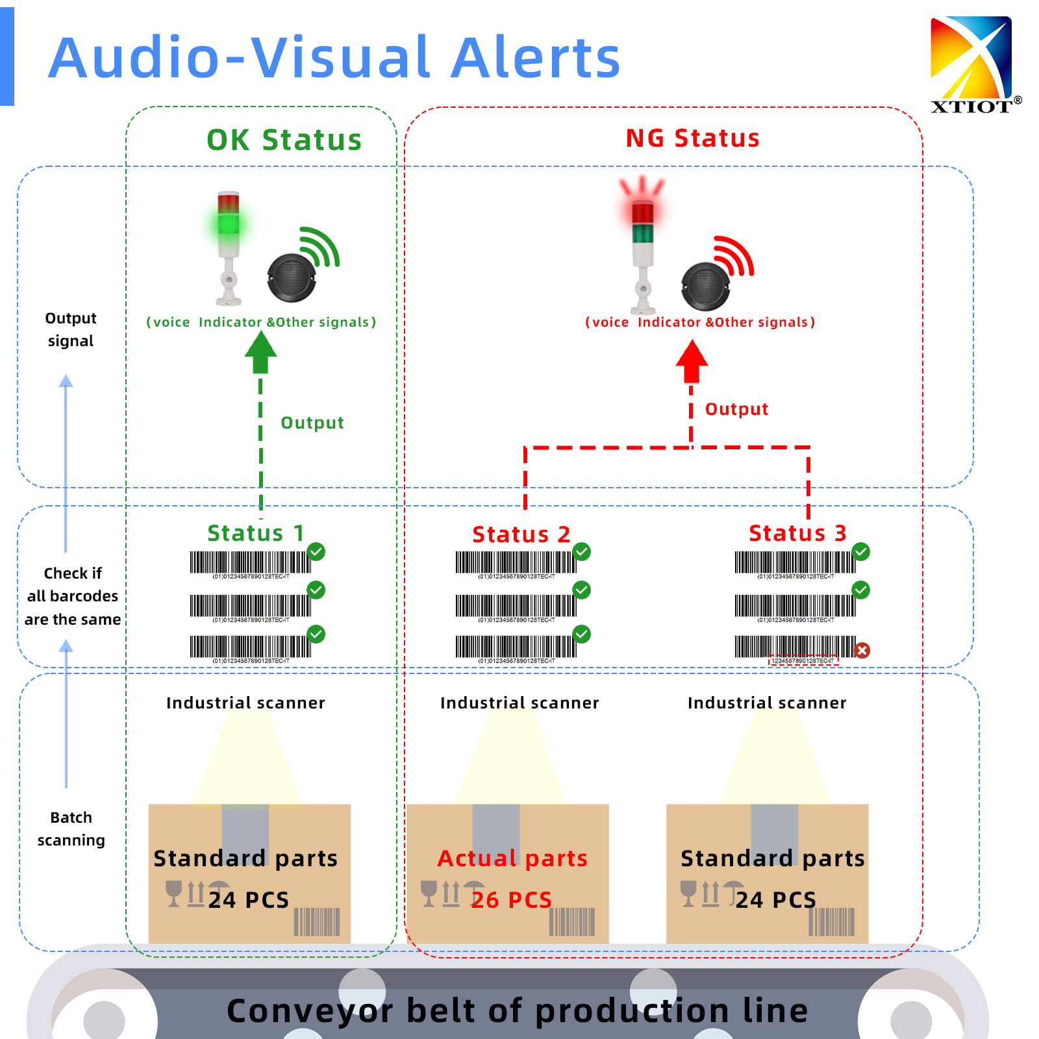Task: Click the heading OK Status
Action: click(284, 140)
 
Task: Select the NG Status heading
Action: click(692, 138)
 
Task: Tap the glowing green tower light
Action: click(228, 223)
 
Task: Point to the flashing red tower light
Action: click(642, 212)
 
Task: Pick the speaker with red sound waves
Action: click(706, 286)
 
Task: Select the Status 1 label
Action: click(256, 533)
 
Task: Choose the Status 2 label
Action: click(521, 534)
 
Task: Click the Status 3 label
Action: click(797, 533)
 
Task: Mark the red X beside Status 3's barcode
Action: click(862, 650)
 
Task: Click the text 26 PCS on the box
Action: click(512, 900)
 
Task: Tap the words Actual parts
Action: click(512, 858)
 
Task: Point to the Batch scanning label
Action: click(71, 829)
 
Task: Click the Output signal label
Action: click(71, 329)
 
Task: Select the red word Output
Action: click(736, 409)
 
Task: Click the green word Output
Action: click(312, 423)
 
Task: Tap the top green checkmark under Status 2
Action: click(582, 552)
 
